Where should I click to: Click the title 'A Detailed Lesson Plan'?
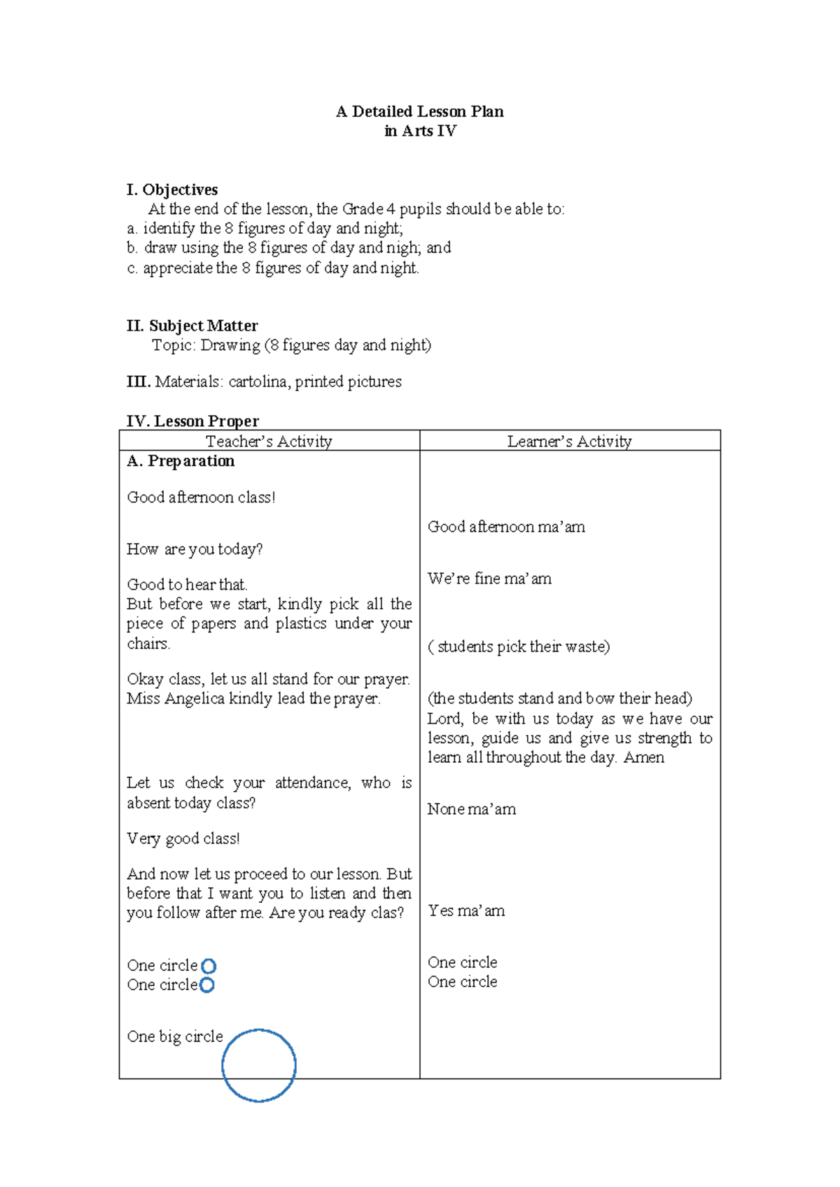pyautogui.click(x=419, y=111)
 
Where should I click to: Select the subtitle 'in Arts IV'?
pyautogui.click(x=420, y=131)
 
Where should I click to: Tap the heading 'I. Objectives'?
pyautogui.click(x=172, y=190)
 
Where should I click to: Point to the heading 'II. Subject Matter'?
pyautogui.click(x=192, y=325)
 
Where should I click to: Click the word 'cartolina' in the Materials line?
pyautogui.click(x=258, y=381)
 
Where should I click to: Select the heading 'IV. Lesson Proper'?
pyautogui.click(x=192, y=421)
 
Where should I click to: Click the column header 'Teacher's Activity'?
pyautogui.click(x=269, y=441)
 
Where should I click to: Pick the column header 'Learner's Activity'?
pyautogui.click(x=569, y=441)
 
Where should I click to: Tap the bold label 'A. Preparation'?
pyautogui.click(x=181, y=461)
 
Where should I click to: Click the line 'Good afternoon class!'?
pyautogui.click(x=201, y=498)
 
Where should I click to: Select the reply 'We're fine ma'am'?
pyautogui.click(x=489, y=579)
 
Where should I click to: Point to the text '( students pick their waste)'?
pyautogui.click(x=519, y=647)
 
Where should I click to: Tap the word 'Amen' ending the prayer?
pyautogui.click(x=644, y=757)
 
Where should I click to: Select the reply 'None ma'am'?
pyautogui.click(x=472, y=809)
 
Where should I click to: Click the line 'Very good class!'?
pyautogui.click(x=183, y=838)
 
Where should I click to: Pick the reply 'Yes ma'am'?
pyautogui.click(x=466, y=911)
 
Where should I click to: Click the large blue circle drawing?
pyautogui.click(x=259, y=1065)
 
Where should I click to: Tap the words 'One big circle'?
pyautogui.click(x=175, y=1037)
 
